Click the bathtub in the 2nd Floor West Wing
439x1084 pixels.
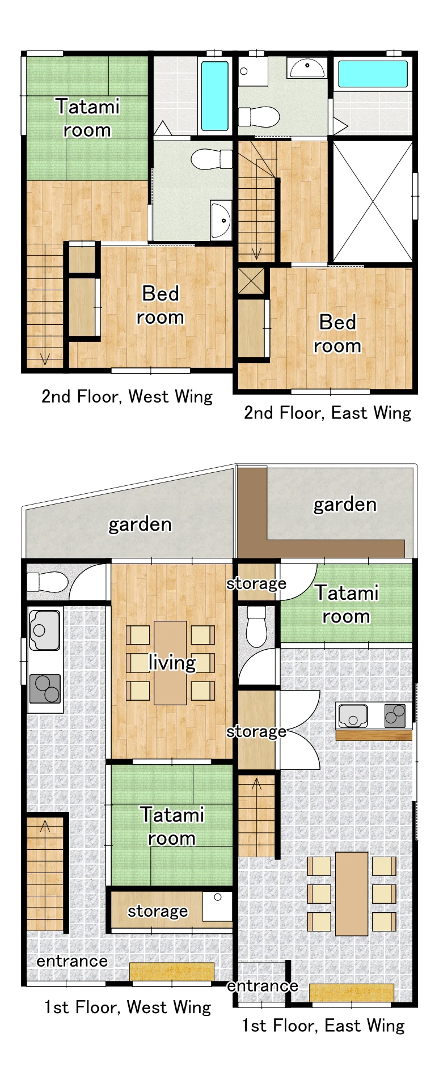pyautogui.click(x=214, y=95)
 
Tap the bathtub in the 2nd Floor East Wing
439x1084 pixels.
pyautogui.click(x=373, y=74)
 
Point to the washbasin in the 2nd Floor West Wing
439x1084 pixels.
pyautogui.click(x=220, y=219)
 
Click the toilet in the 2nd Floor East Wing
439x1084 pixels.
pyautogui.click(x=259, y=117)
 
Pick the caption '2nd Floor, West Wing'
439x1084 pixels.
pyautogui.click(x=127, y=396)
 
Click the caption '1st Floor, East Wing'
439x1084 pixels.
pyautogui.click(x=323, y=1025)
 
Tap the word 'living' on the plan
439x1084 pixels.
pyautogui.click(x=172, y=662)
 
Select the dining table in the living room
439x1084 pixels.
pyautogui.click(x=170, y=662)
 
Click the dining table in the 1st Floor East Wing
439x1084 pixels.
pyautogui.click(x=352, y=894)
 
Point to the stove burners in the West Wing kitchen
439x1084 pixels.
pyautogui.click(x=45, y=688)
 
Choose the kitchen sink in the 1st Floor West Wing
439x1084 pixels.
pyautogui.click(x=44, y=630)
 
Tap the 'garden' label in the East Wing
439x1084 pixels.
pyautogui.click(x=345, y=504)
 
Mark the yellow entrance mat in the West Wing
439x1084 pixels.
pyautogui.click(x=172, y=971)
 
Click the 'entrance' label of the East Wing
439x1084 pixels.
pyautogui.click(x=262, y=985)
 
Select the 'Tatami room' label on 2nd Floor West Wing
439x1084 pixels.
pyautogui.click(x=87, y=118)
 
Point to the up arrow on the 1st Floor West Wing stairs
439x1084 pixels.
pyautogui.click(x=45, y=827)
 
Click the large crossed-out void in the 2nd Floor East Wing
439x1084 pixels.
pyautogui.click(x=373, y=201)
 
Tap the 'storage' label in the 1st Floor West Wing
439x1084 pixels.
pyautogui.click(x=157, y=911)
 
